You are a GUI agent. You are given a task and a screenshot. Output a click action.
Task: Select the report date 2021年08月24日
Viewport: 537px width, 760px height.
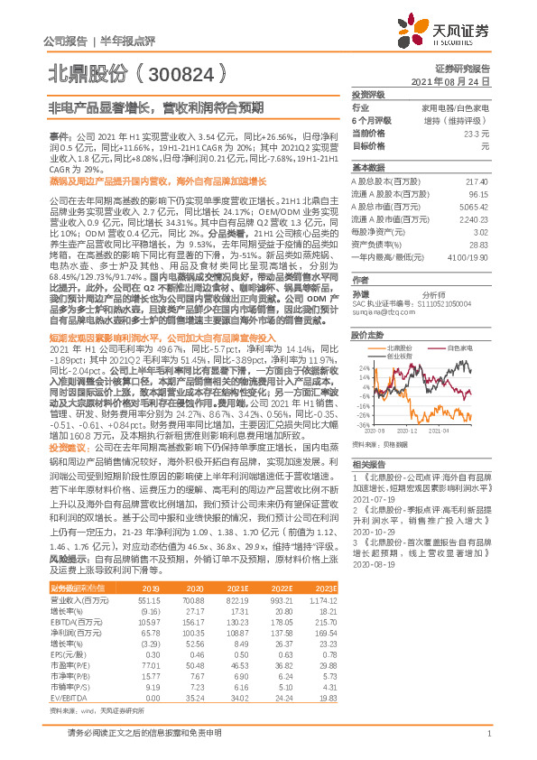tap(457, 80)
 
